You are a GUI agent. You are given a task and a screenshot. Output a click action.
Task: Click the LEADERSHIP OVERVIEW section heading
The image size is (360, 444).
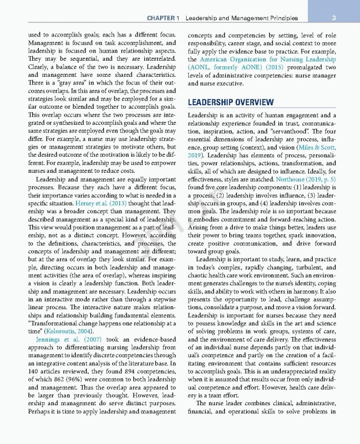[231, 103]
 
